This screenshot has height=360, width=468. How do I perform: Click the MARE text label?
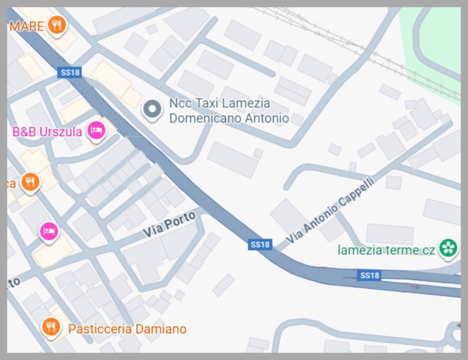(x=27, y=26)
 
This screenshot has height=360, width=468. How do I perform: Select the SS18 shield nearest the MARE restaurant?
(x=70, y=72)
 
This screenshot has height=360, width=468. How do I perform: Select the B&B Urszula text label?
(x=47, y=132)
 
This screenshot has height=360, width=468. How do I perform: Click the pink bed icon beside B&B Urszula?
(x=96, y=130)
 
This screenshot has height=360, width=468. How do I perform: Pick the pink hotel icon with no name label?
(x=49, y=231)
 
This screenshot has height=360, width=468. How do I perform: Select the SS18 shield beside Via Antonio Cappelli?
(x=260, y=244)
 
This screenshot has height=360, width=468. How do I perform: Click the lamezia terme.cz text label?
(x=386, y=250)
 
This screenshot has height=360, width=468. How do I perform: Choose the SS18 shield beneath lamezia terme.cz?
(x=369, y=275)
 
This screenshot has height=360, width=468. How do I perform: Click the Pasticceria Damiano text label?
(x=127, y=329)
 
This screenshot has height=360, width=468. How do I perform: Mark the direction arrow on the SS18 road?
(x=415, y=287)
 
